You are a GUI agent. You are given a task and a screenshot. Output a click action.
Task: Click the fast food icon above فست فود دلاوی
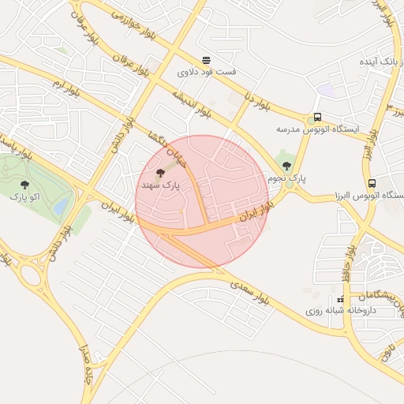click(206, 59)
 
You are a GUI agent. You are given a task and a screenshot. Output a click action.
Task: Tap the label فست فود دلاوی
click(207, 72)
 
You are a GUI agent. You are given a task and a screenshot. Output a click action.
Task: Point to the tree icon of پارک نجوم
click(286, 166)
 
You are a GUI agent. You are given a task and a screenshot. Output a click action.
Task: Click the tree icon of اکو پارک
click(24, 185)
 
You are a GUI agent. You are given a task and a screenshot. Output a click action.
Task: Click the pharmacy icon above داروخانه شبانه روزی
click(341, 299)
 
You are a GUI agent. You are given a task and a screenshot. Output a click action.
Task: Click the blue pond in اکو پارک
click(61, 206)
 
